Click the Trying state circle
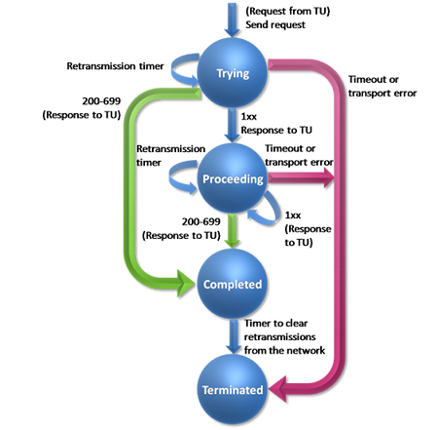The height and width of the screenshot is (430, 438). [x=232, y=72]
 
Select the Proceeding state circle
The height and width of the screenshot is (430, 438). [x=232, y=178]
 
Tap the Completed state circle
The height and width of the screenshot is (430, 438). [x=232, y=284]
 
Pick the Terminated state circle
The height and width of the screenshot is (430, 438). [x=232, y=389]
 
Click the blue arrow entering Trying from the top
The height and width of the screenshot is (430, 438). [x=232, y=20]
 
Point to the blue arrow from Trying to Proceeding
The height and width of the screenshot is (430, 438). [x=232, y=125]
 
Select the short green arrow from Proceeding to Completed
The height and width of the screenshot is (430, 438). [x=232, y=231]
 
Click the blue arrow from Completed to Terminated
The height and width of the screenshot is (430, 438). [x=233, y=336]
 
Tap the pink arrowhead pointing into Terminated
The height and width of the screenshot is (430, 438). [x=277, y=389]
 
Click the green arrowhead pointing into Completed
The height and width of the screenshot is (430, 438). [x=186, y=284]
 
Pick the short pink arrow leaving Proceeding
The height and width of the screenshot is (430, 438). [x=301, y=177]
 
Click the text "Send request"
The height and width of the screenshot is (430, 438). [x=275, y=24]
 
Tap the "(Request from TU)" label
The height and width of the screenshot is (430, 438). [x=288, y=11]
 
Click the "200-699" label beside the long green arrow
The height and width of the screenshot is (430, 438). [x=101, y=101]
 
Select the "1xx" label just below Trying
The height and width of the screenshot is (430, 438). [x=249, y=116]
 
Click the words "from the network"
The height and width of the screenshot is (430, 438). [x=284, y=350]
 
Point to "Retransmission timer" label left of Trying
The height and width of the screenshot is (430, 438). [x=115, y=66]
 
